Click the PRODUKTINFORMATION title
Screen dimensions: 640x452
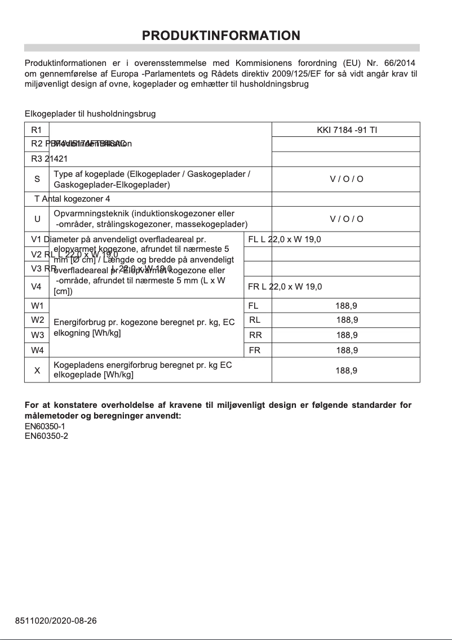[x=221, y=35]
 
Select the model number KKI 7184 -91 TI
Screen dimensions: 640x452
[x=347, y=130]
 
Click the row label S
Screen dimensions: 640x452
[x=37, y=179]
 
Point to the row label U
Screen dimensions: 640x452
[x=37, y=219]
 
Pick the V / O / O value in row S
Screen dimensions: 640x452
[x=346, y=179]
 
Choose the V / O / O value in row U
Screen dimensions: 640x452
[x=346, y=219]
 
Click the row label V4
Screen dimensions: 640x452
[x=37, y=287]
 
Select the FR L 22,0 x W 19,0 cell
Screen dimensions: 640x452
[x=285, y=287]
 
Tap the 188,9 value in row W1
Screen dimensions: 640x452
[x=346, y=306]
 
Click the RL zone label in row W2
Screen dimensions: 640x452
[x=255, y=320]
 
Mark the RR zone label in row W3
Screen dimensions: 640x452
[x=255, y=335]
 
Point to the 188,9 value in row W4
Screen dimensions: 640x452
[x=347, y=350]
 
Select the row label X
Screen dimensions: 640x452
[x=37, y=370]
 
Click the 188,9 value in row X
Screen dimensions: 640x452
[x=346, y=371]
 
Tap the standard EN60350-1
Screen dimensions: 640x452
[x=46, y=426]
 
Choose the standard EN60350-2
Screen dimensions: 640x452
[x=46, y=436]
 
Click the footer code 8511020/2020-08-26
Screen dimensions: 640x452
[x=56, y=621]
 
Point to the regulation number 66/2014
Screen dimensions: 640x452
[x=403, y=63]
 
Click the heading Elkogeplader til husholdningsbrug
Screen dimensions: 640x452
[x=90, y=114]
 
